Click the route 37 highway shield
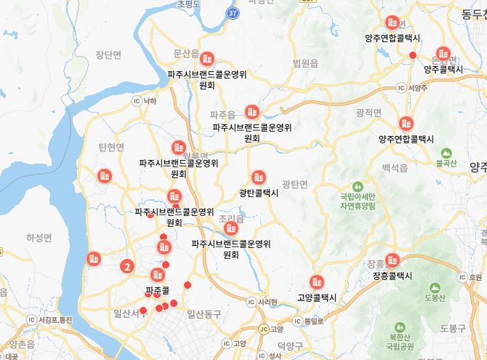click(232, 13)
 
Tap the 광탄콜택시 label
click(258, 193)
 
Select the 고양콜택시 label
click(317, 297)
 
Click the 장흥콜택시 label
click(393, 276)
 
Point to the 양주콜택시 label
click(443, 69)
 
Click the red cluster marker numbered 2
click(127, 266)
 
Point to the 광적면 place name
click(369, 112)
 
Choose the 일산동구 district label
click(203, 313)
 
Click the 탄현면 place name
click(111, 147)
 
